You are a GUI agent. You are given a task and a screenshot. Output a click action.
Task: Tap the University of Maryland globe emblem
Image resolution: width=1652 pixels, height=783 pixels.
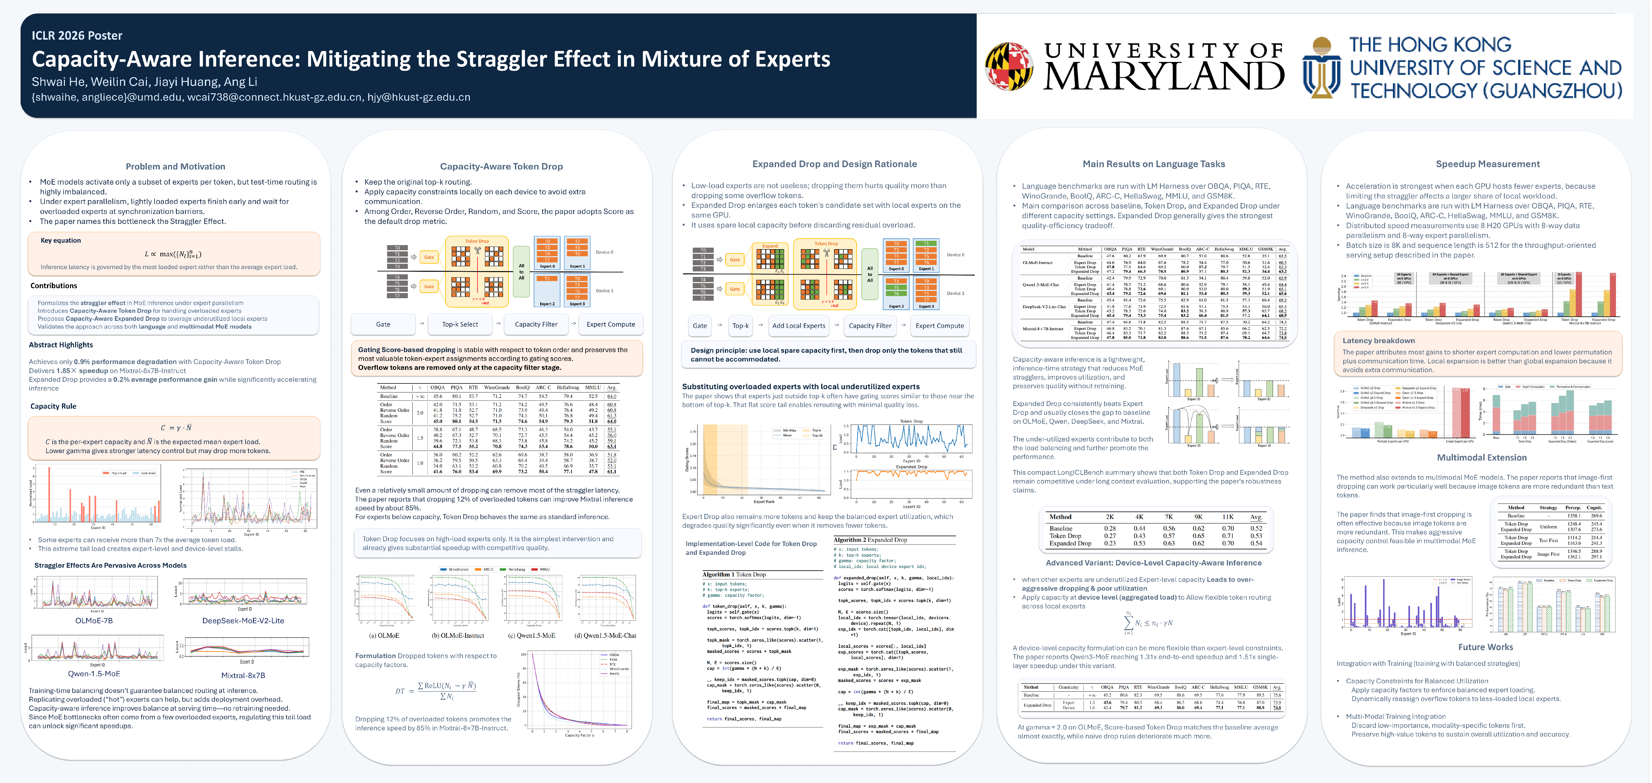(1009, 66)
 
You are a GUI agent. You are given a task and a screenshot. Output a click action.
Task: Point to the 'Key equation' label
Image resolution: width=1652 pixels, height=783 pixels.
(61, 240)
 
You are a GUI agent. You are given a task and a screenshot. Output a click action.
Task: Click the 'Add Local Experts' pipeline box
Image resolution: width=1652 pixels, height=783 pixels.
(799, 326)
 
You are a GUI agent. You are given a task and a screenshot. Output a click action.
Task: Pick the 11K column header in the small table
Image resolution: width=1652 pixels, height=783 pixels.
(1227, 517)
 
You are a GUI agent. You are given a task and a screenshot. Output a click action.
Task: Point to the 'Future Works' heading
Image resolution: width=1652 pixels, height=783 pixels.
(1485, 647)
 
